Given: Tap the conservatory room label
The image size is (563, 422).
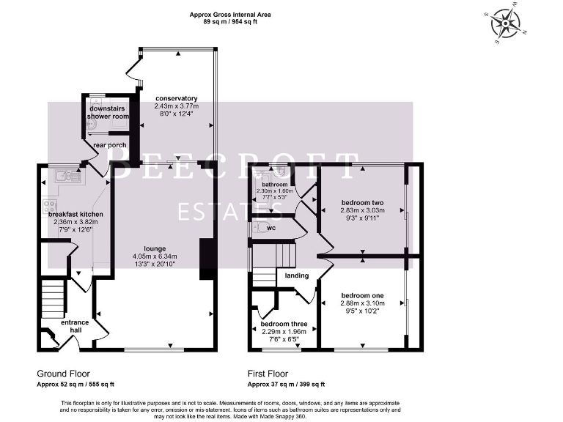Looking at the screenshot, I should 176,98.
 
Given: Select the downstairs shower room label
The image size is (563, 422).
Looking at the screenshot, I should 107,111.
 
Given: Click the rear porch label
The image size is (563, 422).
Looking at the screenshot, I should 110,146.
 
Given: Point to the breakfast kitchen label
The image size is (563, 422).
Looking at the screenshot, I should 76,214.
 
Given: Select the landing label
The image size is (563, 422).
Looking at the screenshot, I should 297,275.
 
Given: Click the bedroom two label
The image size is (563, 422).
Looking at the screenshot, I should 362,203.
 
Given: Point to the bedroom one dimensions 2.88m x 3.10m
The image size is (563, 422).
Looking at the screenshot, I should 361,302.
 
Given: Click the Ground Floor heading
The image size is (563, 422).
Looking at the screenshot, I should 63,374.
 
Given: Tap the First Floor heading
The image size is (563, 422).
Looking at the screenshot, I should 272,374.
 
